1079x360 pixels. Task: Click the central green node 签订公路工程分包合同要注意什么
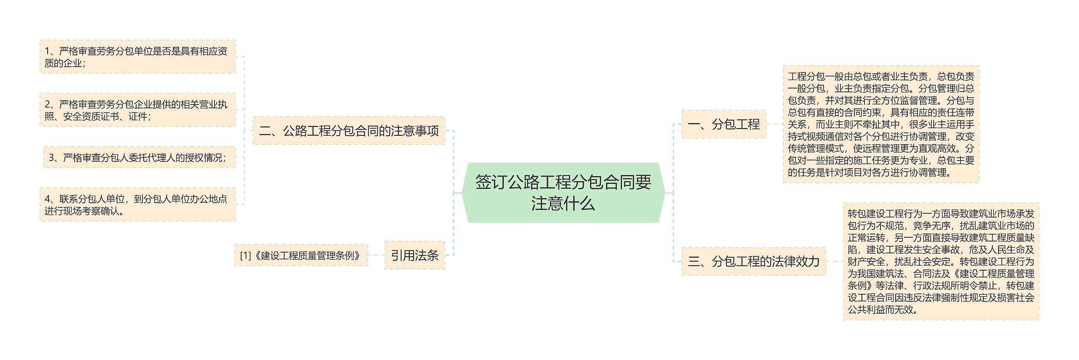click(563, 193)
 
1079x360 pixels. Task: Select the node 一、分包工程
click(723, 124)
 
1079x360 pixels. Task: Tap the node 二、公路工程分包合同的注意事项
click(349, 131)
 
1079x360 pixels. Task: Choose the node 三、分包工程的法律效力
click(753, 261)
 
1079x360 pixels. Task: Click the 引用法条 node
click(415, 255)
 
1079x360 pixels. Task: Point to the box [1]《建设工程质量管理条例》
click(301, 255)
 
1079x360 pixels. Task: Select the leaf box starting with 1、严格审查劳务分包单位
click(137, 57)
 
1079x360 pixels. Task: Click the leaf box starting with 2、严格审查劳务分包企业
click(137, 110)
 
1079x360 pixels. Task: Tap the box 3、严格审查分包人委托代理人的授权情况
click(139, 158)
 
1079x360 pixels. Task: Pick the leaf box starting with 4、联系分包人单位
click(137, 205)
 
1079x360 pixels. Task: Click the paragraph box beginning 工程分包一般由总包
click(880, 124)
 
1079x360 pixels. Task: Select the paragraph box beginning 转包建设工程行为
click(941, 261)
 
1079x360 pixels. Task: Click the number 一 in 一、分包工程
click(693, 124)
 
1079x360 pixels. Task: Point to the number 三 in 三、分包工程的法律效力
click(694, 261)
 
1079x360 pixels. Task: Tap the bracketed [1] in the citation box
click(245, 255)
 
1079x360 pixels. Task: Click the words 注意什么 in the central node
click(563, 204)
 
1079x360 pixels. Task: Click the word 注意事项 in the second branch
click(415, 131)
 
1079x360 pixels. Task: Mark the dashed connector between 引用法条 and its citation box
click(376, 255)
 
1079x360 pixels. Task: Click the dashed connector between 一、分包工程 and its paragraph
click(774, 124)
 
